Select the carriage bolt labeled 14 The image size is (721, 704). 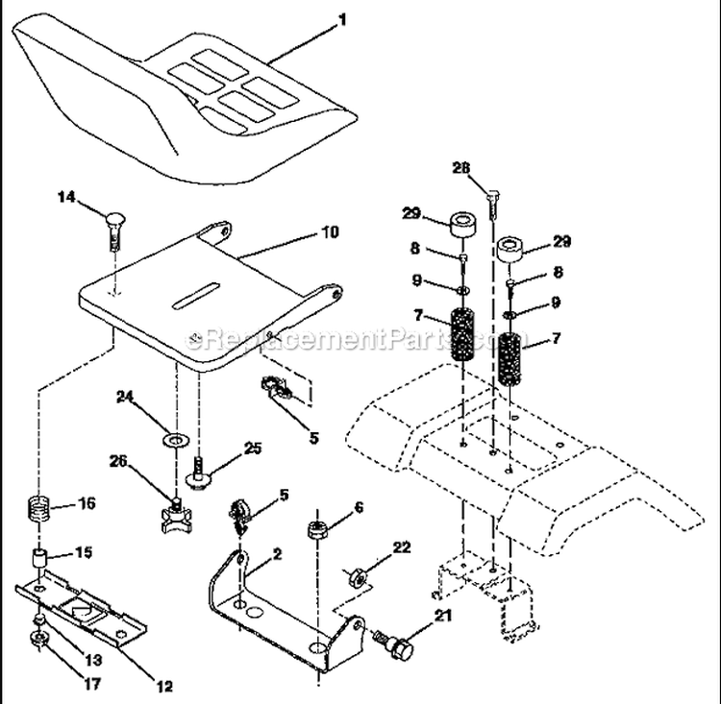click(x=112, y=229)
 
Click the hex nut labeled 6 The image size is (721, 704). click(x=316, y=528)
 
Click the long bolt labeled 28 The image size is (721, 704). click(x=492, y=202)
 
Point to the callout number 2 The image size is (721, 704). click(x=277, y=553)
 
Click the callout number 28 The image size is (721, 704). click(x=461, y=168)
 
